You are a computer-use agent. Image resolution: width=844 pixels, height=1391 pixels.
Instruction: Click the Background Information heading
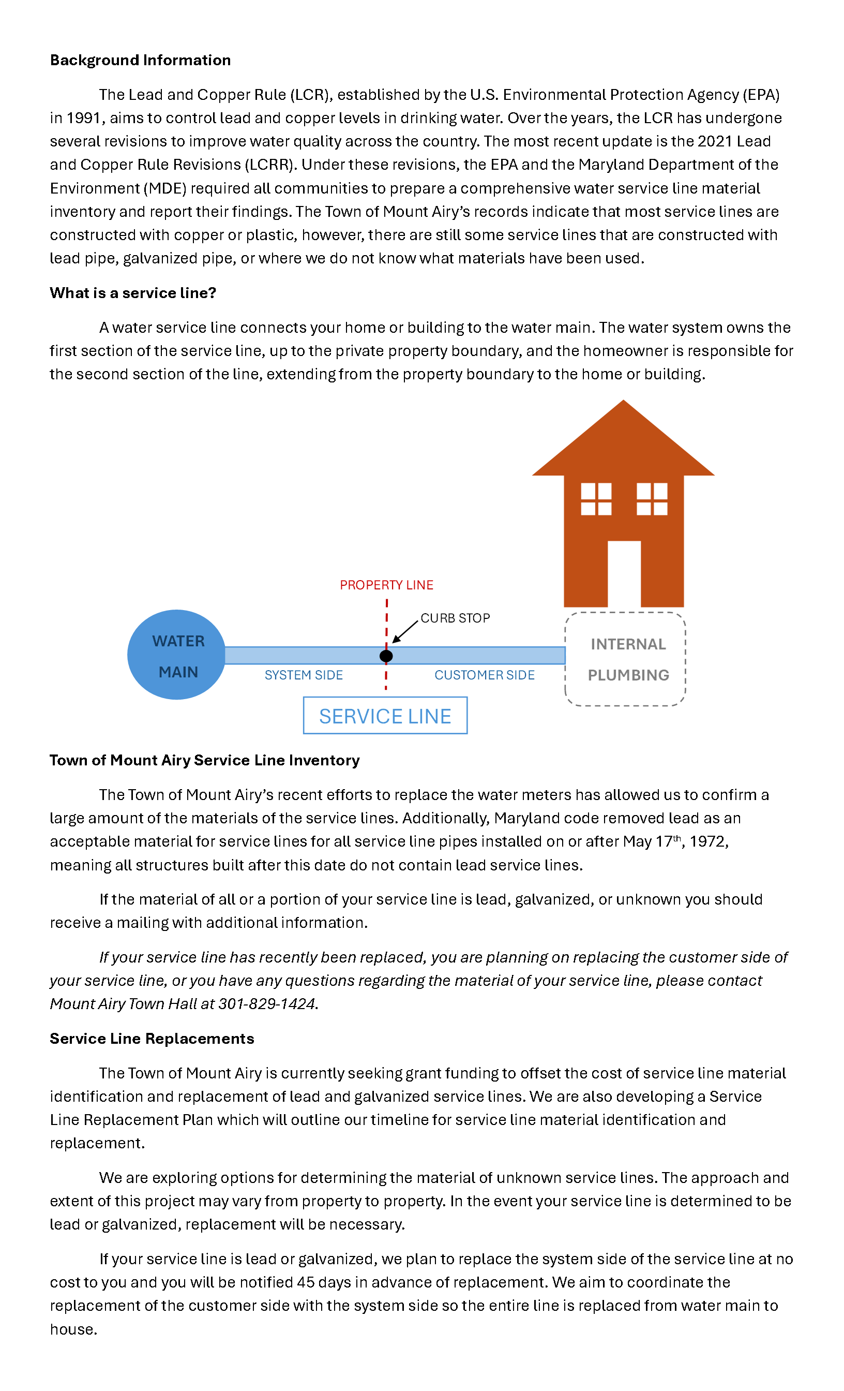click(x=140, y=60)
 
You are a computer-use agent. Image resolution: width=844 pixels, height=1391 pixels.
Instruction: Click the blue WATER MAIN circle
click(x=176, y=654)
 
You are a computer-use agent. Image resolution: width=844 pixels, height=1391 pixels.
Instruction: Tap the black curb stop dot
click(x=386, y=656)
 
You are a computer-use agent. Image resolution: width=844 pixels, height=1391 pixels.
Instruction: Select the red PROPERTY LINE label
click(x=386, y=585)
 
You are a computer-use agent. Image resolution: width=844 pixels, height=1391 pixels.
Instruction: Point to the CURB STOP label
click(x=455, y=618)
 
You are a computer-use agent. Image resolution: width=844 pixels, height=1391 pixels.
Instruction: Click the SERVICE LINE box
click(x=385, y=716)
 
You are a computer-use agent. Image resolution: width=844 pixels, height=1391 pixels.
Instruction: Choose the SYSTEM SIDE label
click(x=304, y=675)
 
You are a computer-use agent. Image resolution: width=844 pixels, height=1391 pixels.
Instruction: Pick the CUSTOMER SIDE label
click(x=484, y=675)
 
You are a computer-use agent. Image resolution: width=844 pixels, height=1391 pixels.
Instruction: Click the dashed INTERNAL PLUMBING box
click(x=625, y=659)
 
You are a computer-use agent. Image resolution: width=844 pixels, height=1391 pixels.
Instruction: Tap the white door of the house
click(x=624, y=573)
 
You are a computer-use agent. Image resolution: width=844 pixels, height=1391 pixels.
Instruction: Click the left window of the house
click(x=596, y=499)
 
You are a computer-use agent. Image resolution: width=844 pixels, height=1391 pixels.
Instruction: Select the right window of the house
click(x=652, y=499)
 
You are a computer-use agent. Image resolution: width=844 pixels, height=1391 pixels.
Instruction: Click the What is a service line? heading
click(x=133, y=293)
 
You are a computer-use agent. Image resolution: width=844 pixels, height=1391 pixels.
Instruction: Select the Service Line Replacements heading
click(x=152, y=1039)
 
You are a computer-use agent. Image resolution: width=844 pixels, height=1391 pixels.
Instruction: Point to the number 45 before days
click(x=305, y=1282)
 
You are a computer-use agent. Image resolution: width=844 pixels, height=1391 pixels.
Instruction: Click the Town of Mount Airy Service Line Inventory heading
click(x=204, y=760)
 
